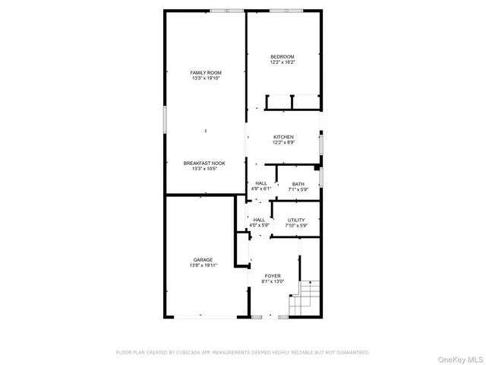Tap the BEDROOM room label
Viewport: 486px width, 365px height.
[x=282, y=57]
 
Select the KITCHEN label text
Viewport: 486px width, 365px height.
[x=284, y=137]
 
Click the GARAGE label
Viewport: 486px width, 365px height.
[x=202, y=260]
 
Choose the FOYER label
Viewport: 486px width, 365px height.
[x=273, y=275]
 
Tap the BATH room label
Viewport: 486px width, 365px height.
[x=298, y=183]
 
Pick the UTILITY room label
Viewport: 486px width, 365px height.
[x=296, y=220]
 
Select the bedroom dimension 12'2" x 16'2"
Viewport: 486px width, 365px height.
[x=282, y=62]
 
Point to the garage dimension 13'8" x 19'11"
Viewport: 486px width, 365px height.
[x=202, y=265]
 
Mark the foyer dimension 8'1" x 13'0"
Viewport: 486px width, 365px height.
[x=273, y=281]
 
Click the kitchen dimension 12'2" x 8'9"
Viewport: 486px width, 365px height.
[x=284, y=142]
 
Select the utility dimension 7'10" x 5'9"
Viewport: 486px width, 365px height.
[x=296, y=225]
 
